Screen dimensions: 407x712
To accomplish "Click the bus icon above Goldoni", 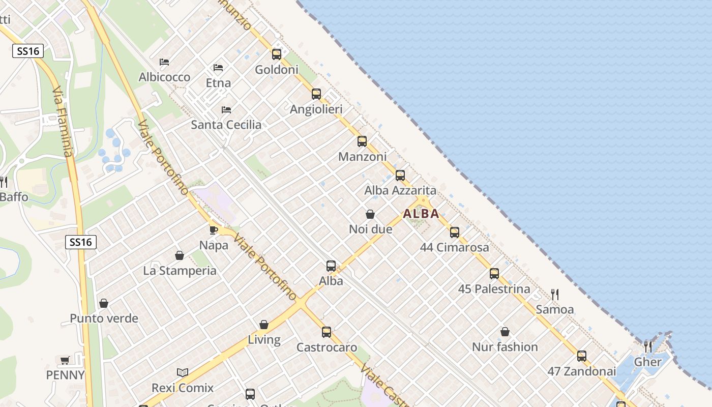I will (277, 54).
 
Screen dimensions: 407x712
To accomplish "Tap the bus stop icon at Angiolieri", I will (316, 94).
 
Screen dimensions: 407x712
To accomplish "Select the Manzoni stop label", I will (363, 157).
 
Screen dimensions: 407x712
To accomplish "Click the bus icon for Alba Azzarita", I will (400, 176).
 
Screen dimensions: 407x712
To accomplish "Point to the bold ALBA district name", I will (421, 214).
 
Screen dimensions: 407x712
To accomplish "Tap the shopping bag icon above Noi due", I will (370, 215).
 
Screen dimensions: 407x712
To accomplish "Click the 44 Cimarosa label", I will (455, 248).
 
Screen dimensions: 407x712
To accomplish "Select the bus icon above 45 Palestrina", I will (494, 274).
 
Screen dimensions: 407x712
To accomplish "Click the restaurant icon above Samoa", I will (555, 294).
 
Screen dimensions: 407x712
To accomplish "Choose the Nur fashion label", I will (505, 347).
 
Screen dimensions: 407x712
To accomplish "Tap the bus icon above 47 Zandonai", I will (582, 356).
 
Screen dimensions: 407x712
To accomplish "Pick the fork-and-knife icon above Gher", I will (647, 347).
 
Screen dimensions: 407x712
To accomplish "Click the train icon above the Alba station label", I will (331, 266).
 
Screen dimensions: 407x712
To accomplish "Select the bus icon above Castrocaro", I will (327, 332).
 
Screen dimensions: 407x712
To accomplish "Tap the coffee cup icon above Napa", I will (214, 230).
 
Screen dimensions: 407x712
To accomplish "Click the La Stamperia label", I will (180, 271).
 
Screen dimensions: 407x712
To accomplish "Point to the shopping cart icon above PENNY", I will (65, 361).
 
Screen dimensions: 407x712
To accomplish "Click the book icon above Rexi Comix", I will (183, 373).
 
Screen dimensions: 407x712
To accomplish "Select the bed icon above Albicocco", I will (164, 62).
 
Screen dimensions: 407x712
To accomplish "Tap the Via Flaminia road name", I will (63, 121).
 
